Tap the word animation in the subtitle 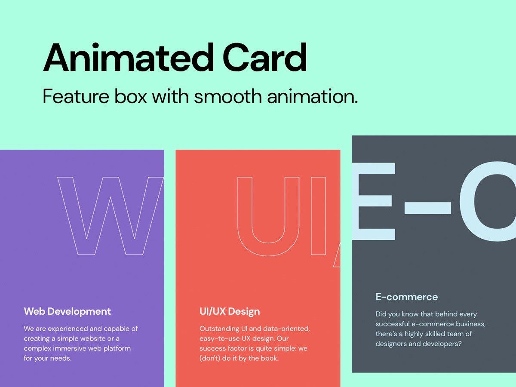(312, 96)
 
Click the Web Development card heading (68, 311)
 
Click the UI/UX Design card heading (230, 311)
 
